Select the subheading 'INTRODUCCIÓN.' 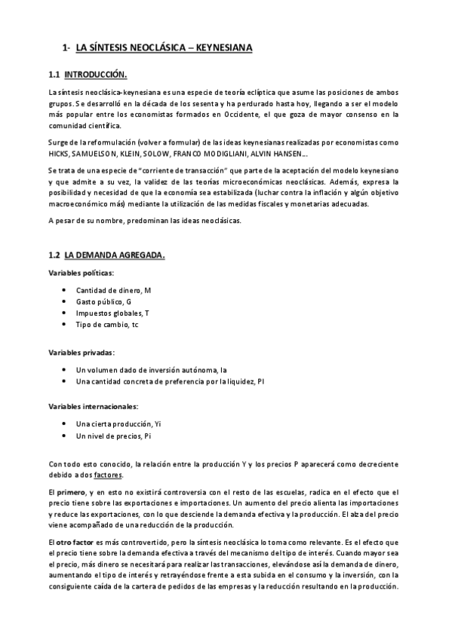[x=96, y=75]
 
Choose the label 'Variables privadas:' [x=81, y=352]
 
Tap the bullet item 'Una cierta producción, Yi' [x=118, y=424]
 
